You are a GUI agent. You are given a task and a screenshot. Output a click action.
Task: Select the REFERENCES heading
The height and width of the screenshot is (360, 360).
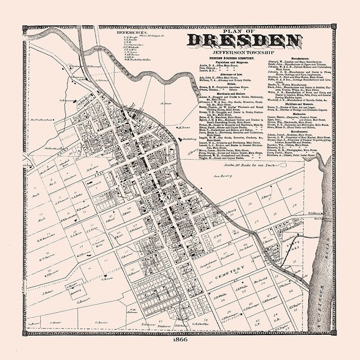pyautogui.click(x=132, y=33)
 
